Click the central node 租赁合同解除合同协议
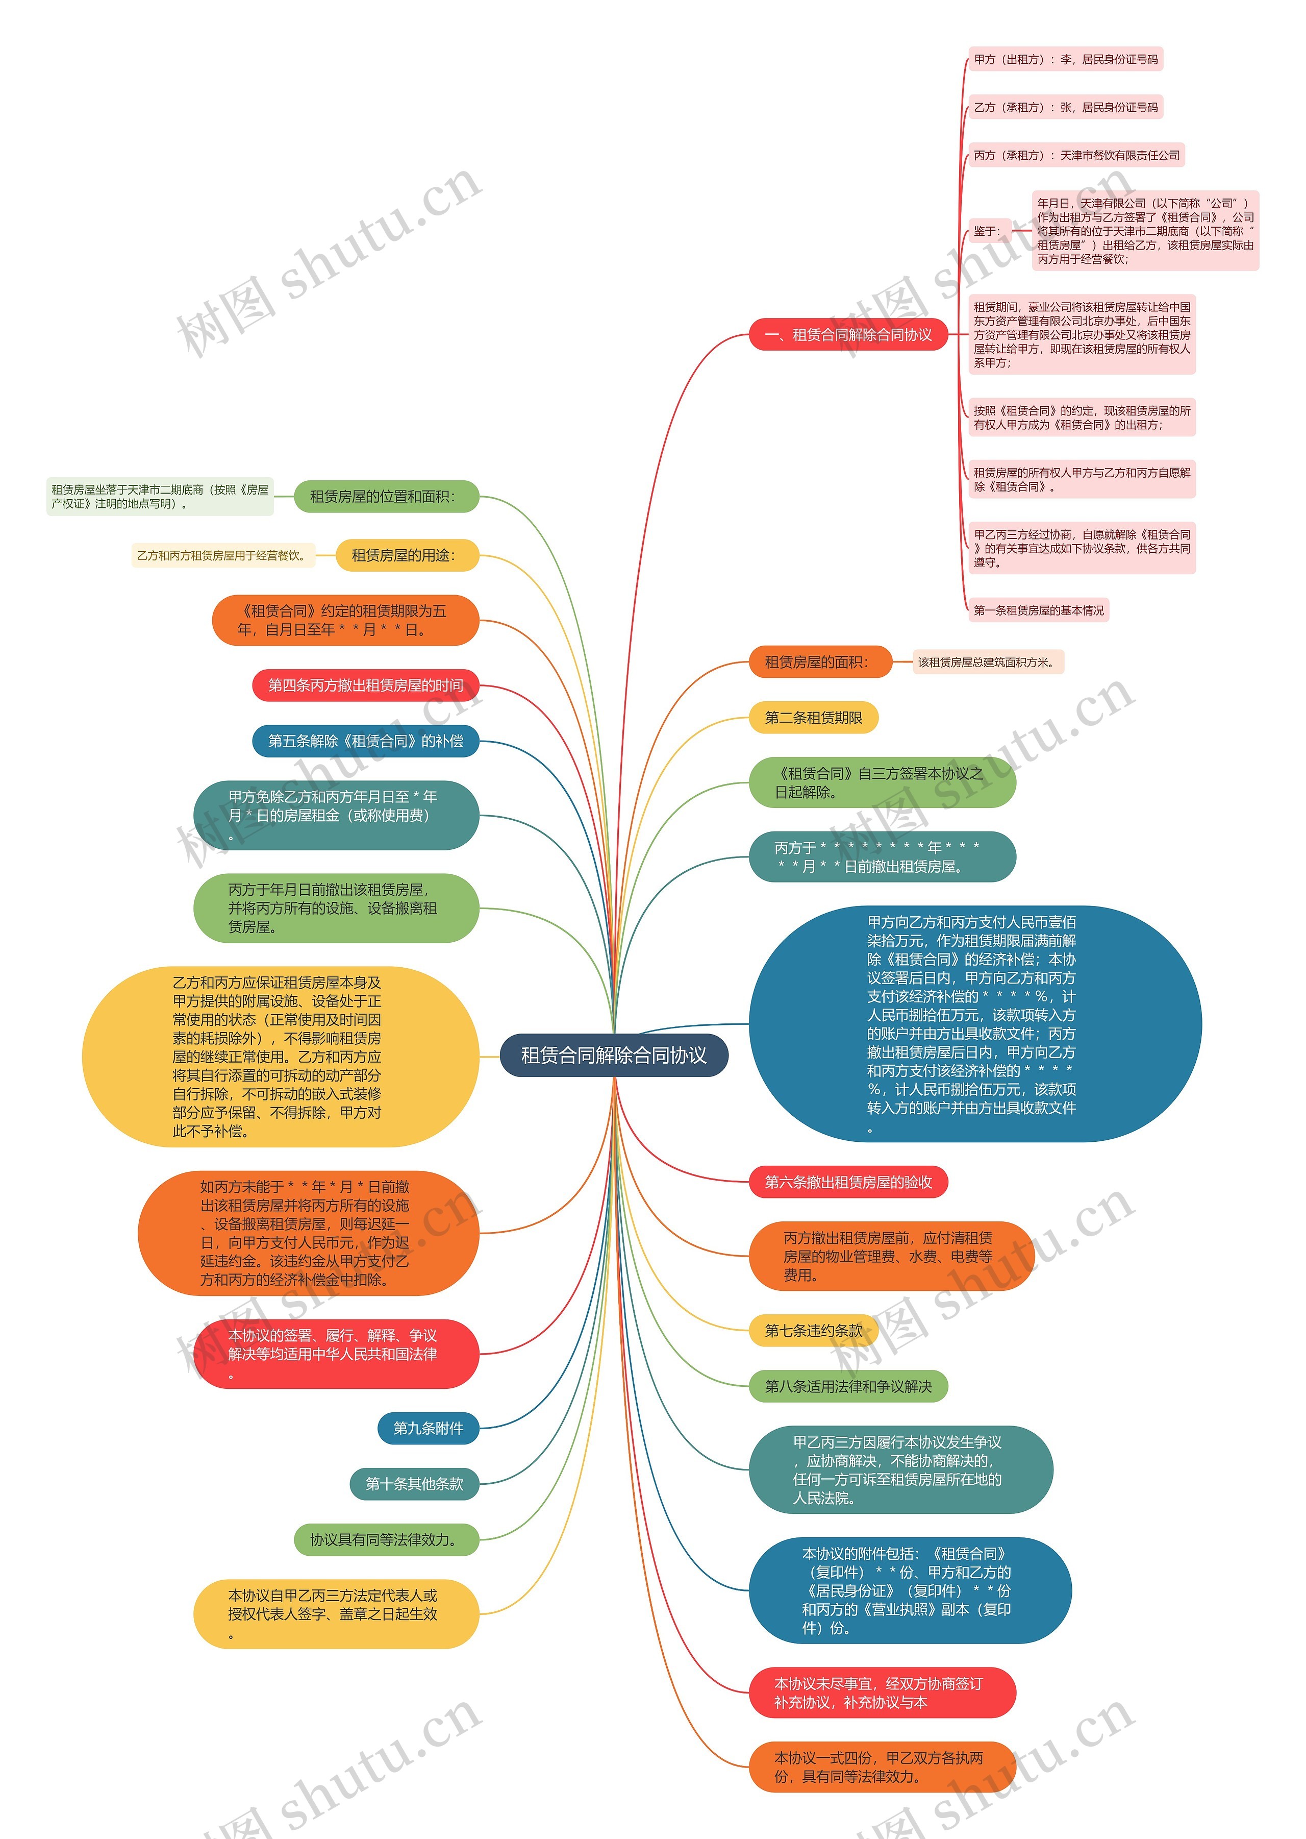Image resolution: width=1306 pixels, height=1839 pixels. [x=614, y=1056]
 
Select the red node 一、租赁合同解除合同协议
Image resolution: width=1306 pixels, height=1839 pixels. [x=848, y=335]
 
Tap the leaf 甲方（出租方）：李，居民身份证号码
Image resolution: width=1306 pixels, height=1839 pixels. [x=1066, y=60]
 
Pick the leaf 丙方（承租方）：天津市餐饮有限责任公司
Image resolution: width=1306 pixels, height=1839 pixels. [x=1076, y=155]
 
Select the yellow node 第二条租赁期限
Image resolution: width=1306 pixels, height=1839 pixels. [x=813, y=718]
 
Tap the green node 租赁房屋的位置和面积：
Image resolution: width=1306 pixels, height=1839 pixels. [x=384, y=496]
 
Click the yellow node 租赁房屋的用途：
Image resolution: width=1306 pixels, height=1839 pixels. [x=406, y=555]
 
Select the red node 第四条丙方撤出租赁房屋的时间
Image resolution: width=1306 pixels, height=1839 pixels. [x=366, y=685]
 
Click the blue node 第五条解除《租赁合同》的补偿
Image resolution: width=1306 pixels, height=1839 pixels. [x=366, y=741]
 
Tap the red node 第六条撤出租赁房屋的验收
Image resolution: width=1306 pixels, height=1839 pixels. [x=848, y=1182]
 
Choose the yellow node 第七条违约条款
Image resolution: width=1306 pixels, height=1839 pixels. [x=813, y=1331]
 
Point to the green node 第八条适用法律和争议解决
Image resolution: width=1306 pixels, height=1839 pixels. [x=848, y=1386]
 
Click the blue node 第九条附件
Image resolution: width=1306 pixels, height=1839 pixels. [x=428, y=1428]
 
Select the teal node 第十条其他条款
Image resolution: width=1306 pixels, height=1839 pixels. [x=414, y=1483]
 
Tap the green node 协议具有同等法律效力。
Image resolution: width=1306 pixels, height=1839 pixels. [x=386, y=1539]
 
